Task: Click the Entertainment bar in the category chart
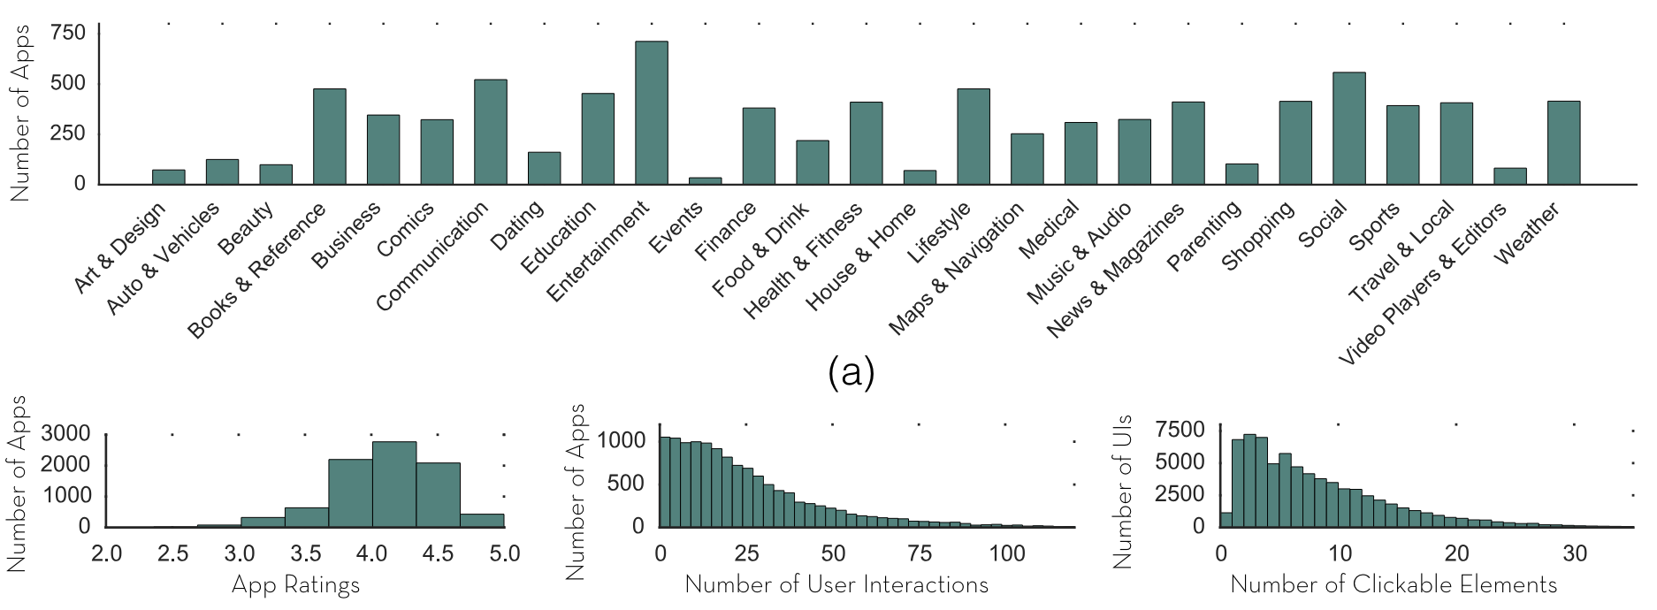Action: [x=652, y=113]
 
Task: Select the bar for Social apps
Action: [x=1348, y=128]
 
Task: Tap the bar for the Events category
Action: [x=705, y=180]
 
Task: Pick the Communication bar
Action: [x=491, y=132]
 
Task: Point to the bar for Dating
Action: [x=544, y=168]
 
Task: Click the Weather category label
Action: [x=1527, y=233]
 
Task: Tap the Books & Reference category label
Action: [x=256, y=271]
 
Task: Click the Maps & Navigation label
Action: [x=956, y=269]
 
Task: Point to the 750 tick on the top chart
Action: [x=68, y=34]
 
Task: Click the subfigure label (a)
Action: [x=851, y=372]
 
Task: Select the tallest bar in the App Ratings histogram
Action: [x=393, y=484]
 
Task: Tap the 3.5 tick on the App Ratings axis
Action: [x=306, y=554]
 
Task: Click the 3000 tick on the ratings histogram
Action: [x=66, y=433]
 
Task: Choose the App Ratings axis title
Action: [x=295, y=585]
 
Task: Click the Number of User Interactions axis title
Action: [x=836, y=584]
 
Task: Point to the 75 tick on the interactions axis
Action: [x=920, y=554]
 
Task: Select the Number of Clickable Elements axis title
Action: [x=1394, y=584]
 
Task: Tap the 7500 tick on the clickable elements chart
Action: [x=1180, y=430]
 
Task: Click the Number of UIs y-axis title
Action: [x=1123, y=492]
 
